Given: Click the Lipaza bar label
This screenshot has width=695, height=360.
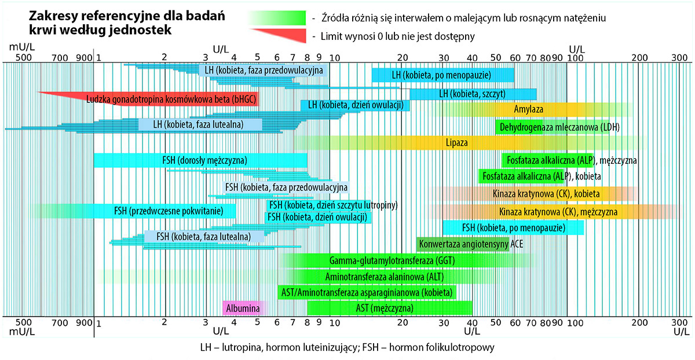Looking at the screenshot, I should pyautogui.click(x=457, y=142).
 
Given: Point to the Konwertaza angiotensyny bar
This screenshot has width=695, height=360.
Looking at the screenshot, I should pyautogui.click(x=463, y=244).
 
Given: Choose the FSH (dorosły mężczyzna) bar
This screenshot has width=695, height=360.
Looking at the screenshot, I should pyautogui.click(x=200, y=160).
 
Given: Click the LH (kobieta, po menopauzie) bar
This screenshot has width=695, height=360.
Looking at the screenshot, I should pyautogui.click(x=442, y=75).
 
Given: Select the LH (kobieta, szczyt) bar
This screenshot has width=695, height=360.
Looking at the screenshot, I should pyautogui.click(x=473, y=94).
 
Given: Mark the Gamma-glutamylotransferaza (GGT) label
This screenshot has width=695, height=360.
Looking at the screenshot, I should pyautogui.click(x=392, y=260).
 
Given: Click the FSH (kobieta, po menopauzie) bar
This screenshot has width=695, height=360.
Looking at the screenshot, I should pyautogui.click(x=513, y=227).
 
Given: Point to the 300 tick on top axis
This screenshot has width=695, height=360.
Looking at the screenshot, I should pyautogui.click(x=679, y=58).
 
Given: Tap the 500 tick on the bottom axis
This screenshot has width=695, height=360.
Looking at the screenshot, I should pyautogui.click(x=22, y=322).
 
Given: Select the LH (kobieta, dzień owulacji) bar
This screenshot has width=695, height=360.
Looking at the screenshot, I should pyautogui.click(x=355, y=105).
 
